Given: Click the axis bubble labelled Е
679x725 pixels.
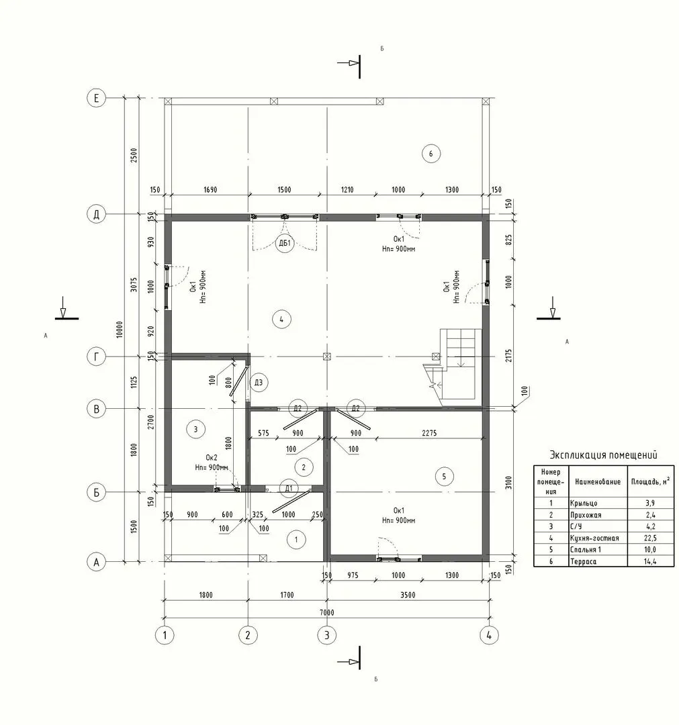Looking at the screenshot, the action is tap(96, 98).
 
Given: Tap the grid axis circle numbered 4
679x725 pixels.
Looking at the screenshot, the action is tap(489, 635).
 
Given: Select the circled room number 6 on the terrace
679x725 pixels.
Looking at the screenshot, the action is tap(431, 154).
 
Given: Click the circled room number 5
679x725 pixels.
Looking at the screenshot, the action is tap(444, 476).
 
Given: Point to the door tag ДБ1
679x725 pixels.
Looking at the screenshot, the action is tap(285, 243).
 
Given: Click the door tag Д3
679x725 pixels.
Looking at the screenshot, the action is tap(259, 383).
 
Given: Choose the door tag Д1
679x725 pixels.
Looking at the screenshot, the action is tap(289, 488).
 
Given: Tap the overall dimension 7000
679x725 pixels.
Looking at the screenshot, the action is tap(326, 612).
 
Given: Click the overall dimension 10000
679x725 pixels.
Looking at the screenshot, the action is tap(120, 330).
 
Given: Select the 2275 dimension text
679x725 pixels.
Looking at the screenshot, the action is tap(429, 433).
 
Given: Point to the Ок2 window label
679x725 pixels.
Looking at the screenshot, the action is tap(212, 457).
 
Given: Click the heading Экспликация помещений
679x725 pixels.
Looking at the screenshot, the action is tap(603, 454).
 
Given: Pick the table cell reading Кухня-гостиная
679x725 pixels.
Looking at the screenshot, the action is tap(594, 538).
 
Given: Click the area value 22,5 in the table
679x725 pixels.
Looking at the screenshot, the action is tap(650, 538).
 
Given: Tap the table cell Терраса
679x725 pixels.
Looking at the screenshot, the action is tap(583, 561).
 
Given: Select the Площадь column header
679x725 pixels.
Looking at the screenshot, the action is tap(650, 481).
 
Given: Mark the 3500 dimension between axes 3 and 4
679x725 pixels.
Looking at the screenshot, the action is tap(408, 595).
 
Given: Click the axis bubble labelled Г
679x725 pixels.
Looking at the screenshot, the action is tap(96, 356).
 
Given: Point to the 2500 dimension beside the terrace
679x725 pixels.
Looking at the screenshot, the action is tap(134, 155).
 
